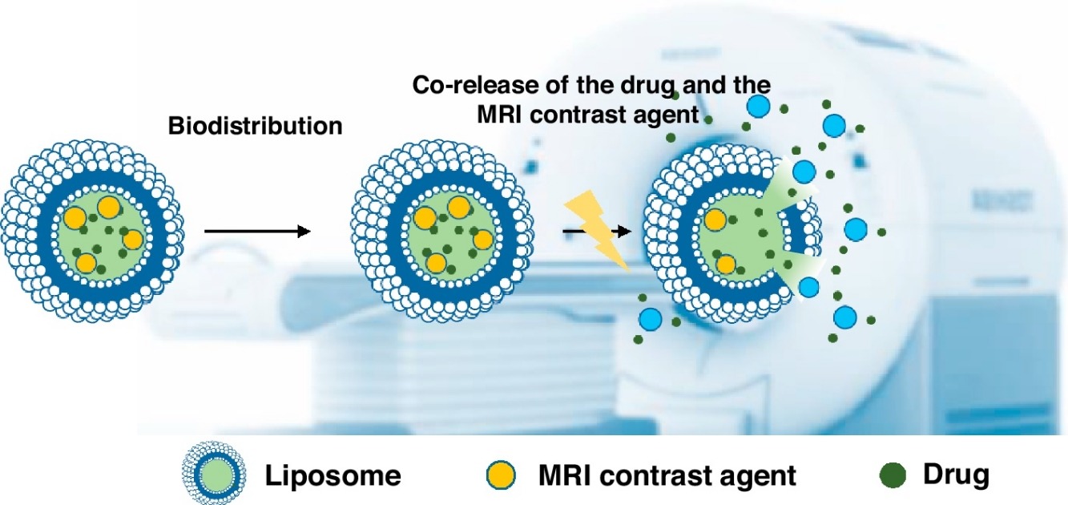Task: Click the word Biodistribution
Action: click(x=255, y=127)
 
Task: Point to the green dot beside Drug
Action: click(x=897, y=476)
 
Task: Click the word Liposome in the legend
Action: click(x=333, y=477)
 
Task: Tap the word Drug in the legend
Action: click(x=957, y=476)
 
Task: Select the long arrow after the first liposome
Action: click(x=257, y=232)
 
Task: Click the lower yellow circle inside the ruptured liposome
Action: click(x=726, y=264)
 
